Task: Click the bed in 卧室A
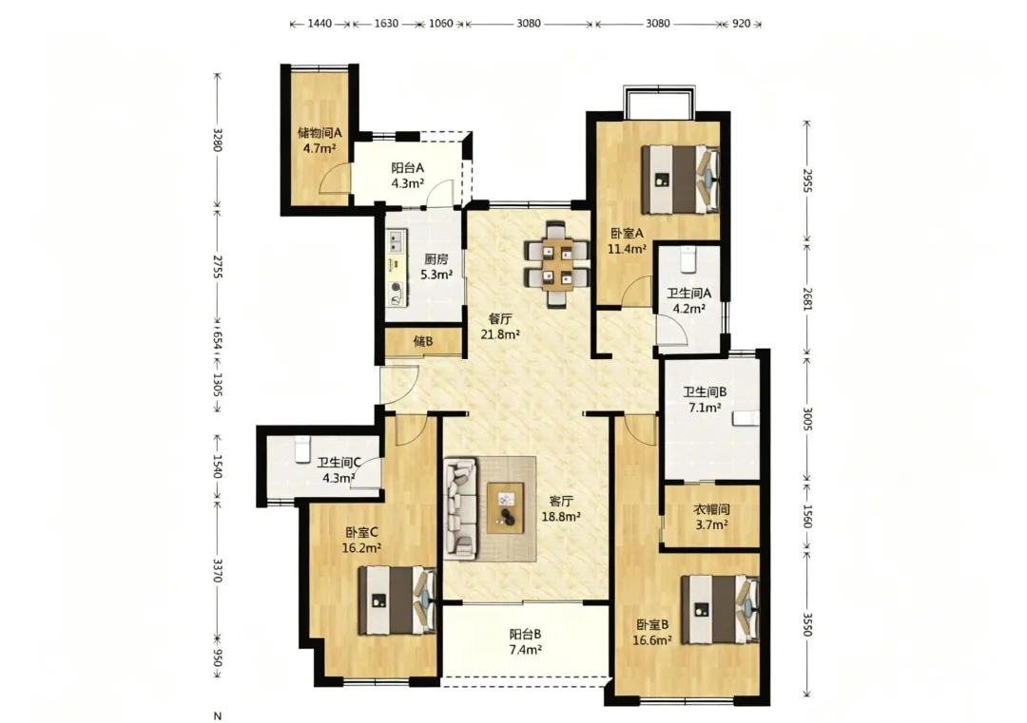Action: point(681,180)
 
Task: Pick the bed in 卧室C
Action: point(397,600)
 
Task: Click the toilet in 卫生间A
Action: point(688,259)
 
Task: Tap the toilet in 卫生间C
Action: point(302,449)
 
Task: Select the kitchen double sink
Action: point(395,242)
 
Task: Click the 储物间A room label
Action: point(320,133)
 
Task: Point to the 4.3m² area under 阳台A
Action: point(407,183)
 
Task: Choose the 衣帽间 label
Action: point(712,509)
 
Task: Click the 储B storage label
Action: point(423,341)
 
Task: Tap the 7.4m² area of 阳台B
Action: point(525,650)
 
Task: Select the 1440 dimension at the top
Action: point(320,24)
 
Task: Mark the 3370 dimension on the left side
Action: point(218,570)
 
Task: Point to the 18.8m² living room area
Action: point(562,516)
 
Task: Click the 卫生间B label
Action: point(705,392)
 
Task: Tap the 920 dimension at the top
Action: point(741,24)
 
